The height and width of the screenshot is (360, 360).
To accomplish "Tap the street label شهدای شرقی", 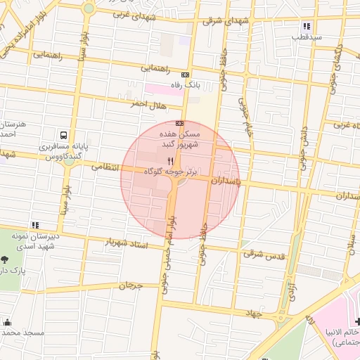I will point(226,21).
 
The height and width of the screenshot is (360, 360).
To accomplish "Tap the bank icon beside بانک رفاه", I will point(186,75).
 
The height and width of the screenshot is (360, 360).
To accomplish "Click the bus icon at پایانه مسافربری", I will point(64,134).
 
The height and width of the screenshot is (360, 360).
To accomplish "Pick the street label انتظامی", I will point(106,168).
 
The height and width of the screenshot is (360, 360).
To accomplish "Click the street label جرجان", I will point(131,285).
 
